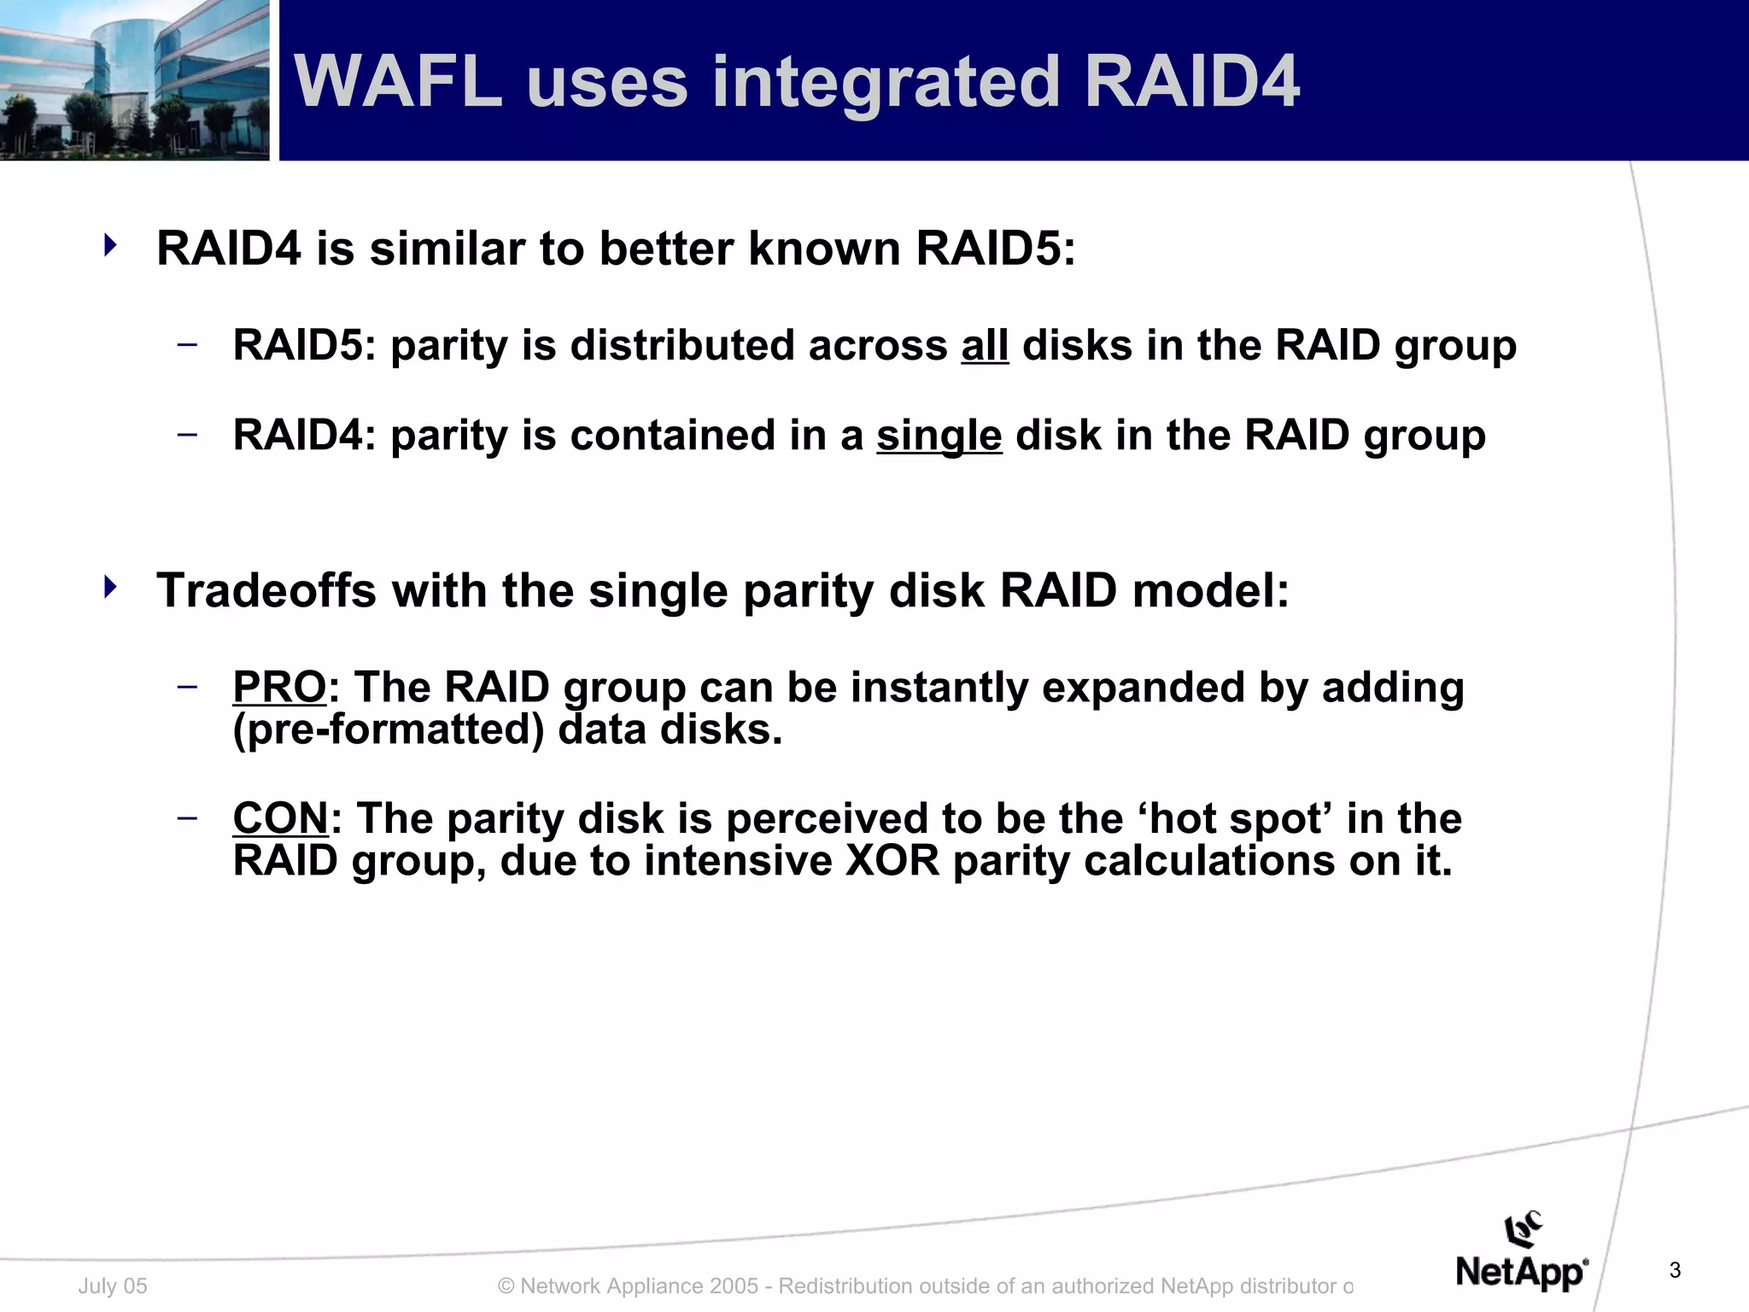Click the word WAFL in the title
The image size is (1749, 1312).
[x=397, y=82]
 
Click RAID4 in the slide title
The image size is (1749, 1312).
[x=1191, y=82]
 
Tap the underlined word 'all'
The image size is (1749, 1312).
[x=985, y=346]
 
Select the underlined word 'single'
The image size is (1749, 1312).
[x=939, y=436]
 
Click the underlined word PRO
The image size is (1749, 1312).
[x=279, y=688]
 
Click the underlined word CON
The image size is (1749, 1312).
[x=280, y=818]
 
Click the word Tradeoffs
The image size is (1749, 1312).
[x=266, y=590]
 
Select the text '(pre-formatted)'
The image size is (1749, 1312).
[x=388, y=730]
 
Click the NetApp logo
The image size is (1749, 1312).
[x=1521, y=1256]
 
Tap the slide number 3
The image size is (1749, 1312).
[x=1674, y=1270]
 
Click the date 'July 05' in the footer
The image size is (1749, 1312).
[x=113, y=1286]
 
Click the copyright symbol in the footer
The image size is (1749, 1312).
[x=506, y=1286]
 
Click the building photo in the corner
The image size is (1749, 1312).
[x=134, y=80]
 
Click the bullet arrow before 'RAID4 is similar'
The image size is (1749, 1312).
[x=109, y=246]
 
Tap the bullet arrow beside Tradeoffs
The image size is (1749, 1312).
[x=109, y=588]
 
